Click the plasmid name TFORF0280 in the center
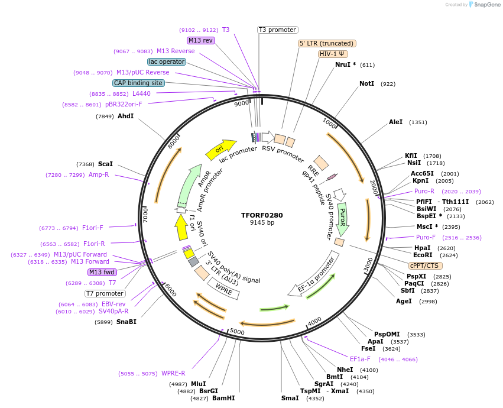point(262,215)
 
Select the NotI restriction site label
point(366,84)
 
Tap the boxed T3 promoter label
point(278,30)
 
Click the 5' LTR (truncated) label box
point(327,43)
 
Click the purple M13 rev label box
point(200,40)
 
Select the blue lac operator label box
point(167,61)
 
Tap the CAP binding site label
point(138,83)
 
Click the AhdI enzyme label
point(126,116)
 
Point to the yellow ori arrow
point(219,150)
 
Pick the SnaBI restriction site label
point(126,322)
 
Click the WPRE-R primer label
point(173,373)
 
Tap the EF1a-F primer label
point(360,359)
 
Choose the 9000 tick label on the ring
point(242,103)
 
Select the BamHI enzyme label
point(223,399)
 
